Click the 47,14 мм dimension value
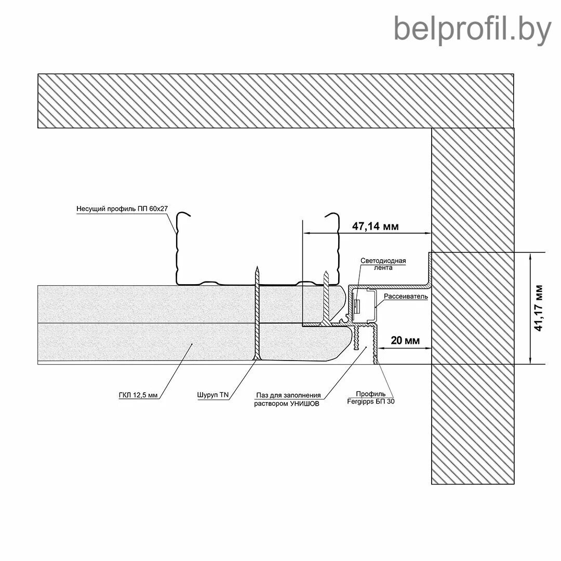point(376,226)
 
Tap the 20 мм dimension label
point(404,340)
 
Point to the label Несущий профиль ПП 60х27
point(123,209)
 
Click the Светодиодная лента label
point(383,264)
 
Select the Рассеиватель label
point(406,296)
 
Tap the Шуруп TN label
point(213,395)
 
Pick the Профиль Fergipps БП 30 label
point(370,397)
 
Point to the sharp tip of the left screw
point(257,266)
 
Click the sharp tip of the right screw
point(326,271)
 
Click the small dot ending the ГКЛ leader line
point(192,344)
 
